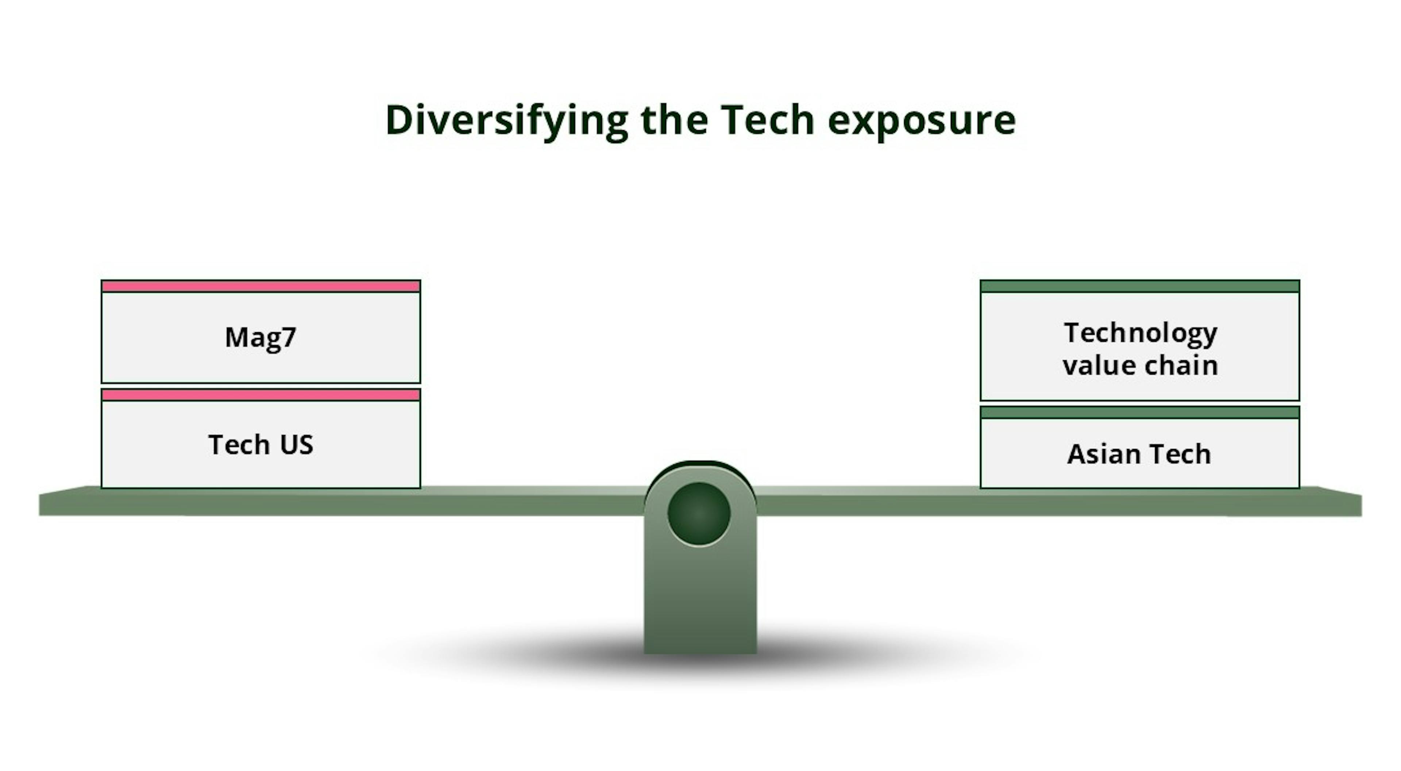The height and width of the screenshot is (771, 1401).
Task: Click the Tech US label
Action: pyautogui.click(x=260, y=445)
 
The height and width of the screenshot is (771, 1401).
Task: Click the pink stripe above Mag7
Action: pyautogui.click(x=260, y=286)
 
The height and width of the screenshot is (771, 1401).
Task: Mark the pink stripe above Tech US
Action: pyautogui.click(x=260, y=395)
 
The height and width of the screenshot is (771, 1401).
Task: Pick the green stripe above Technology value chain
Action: pyautogui.click(x=1140, y=286)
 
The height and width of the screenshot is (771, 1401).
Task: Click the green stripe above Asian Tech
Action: pyautogui.click(x=1140, y=413)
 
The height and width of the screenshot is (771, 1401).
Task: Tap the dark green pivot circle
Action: pyautogui.click(x=699, y=514)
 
